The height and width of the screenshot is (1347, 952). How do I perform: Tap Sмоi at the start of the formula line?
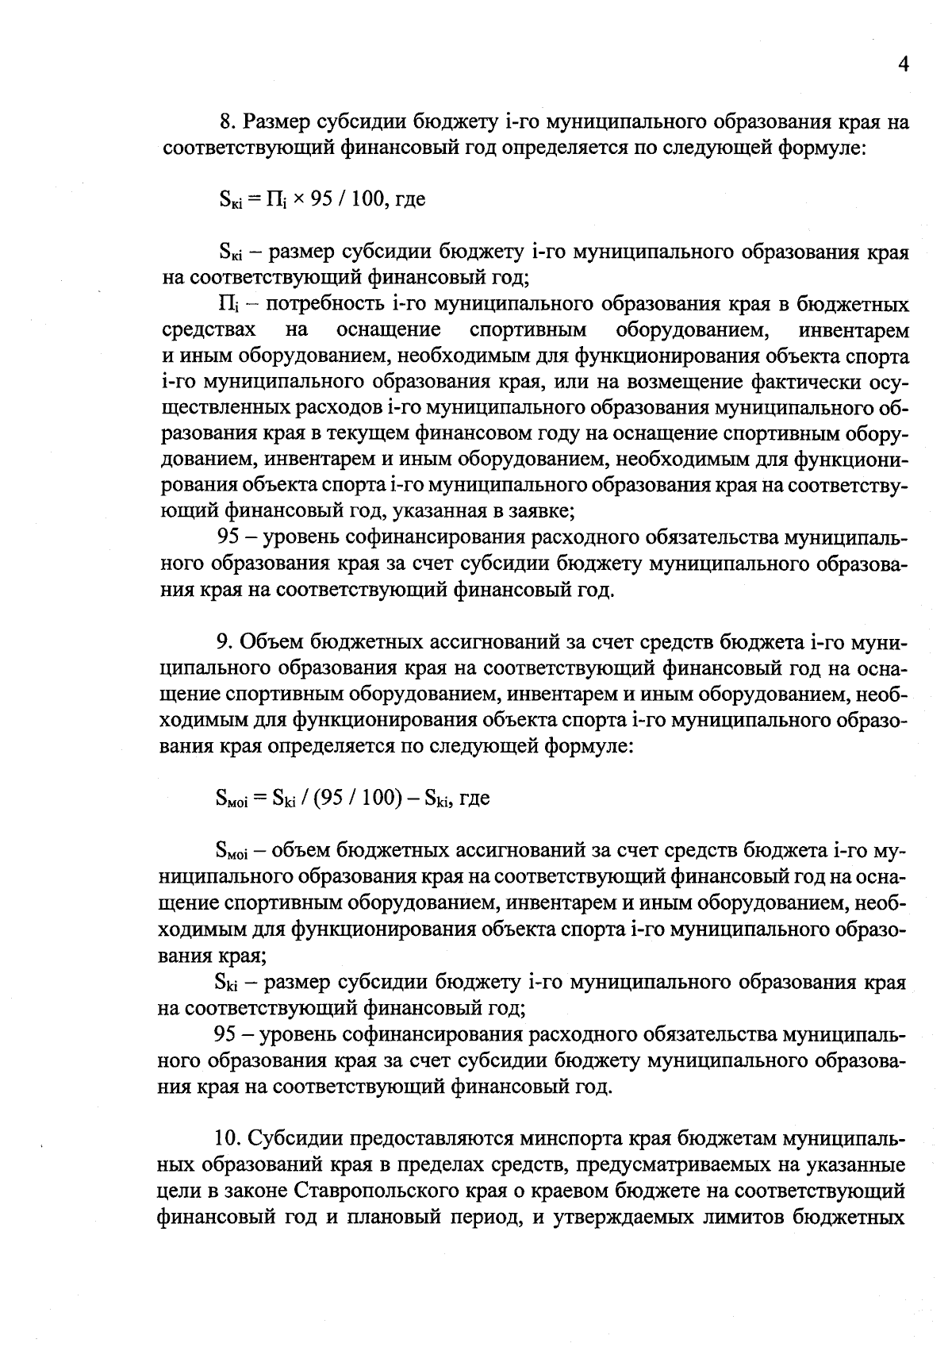coord(232,799)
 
